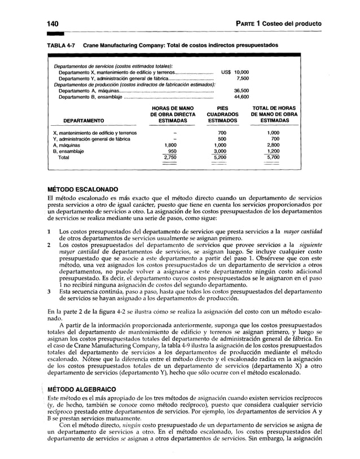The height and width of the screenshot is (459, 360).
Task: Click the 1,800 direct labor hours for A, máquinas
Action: pos(169,145)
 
